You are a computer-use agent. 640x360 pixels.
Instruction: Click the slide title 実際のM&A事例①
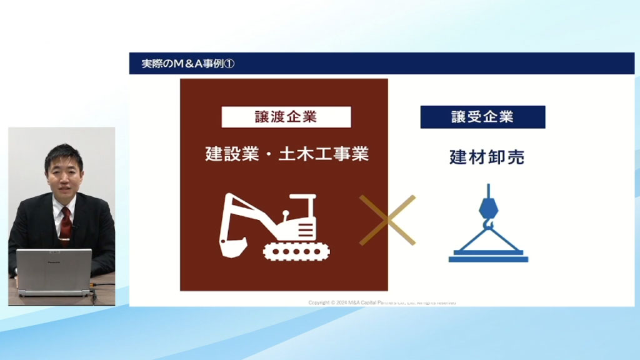pyautogui.click(x=187, y=64)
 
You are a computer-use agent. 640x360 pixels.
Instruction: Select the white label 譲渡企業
pyautogui.click(x=286, y=117)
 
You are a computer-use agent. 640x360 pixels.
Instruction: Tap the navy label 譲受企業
pyautogui.click(x=482, y=117)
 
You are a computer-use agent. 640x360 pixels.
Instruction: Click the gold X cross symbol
pyautogui.click(x=387, y=219)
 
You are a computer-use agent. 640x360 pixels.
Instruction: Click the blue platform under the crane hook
pyautogui.click(x=488, y=257)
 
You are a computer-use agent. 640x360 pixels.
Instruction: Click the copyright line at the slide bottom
pyautogui.click(x=382, y=302)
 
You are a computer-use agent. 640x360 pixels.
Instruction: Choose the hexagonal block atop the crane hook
pyautogui.click(x=488, y=206)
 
